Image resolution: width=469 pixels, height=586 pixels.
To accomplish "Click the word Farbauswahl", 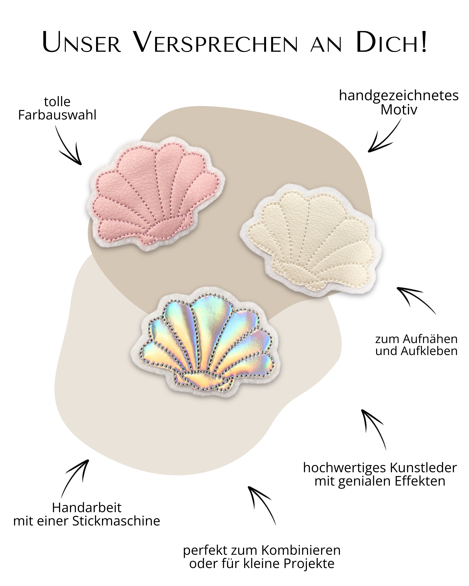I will click(x=57, y=115).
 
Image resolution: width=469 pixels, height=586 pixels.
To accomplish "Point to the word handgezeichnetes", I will click(x=399, y=96).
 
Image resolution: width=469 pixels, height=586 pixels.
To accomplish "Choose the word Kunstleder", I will click(x=423, y=468).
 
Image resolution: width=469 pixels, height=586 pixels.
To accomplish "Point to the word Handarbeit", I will click(x=87, y=507).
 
